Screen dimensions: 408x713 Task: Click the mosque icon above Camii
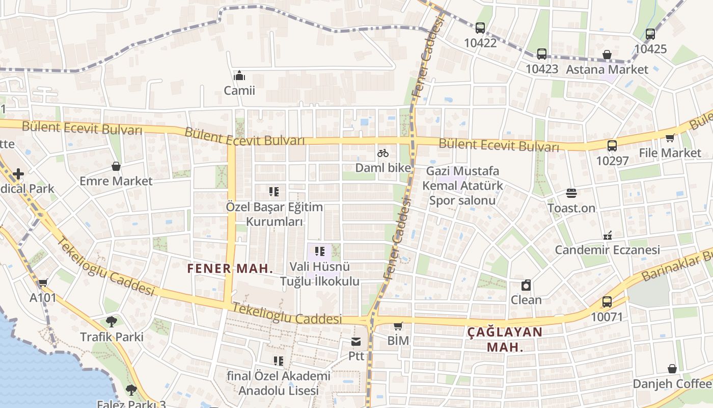(239, 76)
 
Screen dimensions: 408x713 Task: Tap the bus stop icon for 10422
(480, 28)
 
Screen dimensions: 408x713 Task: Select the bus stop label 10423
(542, 69)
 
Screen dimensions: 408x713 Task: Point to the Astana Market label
(607, 69)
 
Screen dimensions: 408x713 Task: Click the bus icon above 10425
(650, 34)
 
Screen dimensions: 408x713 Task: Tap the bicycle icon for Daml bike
(383, 153)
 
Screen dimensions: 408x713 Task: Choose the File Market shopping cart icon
(670, 138)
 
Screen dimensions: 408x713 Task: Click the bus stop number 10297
(612, 161)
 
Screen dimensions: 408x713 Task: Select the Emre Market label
(116, 181)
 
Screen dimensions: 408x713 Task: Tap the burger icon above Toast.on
(571, 193)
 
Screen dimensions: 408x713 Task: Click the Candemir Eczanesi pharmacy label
(607, 250)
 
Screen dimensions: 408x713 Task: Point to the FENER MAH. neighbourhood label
(230, 268)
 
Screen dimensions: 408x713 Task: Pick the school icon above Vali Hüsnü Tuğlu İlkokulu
(320, 251)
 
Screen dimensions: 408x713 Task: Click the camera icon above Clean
(526, 285)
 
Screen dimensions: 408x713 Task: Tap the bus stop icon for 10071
(607, 301)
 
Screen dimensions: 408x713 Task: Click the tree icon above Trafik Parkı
(112, 321)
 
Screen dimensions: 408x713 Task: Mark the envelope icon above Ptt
(356, 341)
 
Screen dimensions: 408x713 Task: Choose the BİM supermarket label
(398, 340)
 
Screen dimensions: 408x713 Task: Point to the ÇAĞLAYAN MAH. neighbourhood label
(505, 340)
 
